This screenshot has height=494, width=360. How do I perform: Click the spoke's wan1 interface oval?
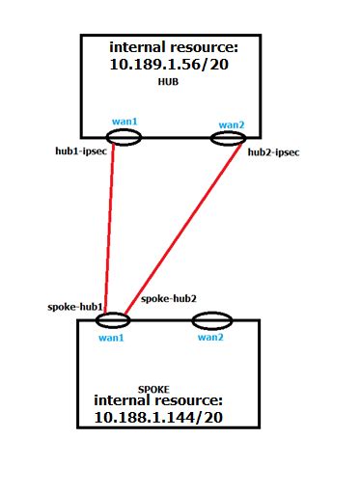point(113,320)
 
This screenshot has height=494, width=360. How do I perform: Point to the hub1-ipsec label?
point(82,151)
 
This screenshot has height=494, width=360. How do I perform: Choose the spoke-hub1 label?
point(74,306)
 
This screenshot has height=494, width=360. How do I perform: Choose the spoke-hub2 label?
point(169,298)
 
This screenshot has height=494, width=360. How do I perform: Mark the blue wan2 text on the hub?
point(231,123)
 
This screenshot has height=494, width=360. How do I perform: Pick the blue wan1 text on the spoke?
point(113,337)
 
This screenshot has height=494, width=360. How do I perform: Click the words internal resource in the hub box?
point(172,46)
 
